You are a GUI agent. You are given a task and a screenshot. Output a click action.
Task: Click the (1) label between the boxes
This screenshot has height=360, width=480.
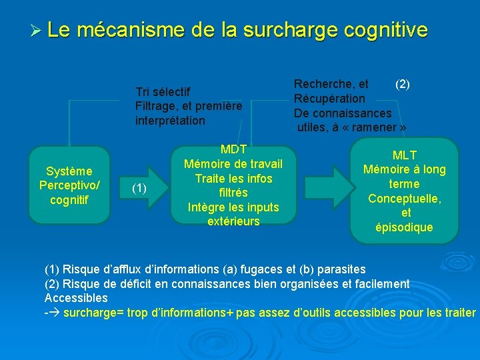click(139, 188)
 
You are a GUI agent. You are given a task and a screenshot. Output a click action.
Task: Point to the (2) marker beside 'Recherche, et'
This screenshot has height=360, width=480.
click(403, 84)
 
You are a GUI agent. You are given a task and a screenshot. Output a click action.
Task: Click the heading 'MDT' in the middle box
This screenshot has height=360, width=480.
click(233, 149)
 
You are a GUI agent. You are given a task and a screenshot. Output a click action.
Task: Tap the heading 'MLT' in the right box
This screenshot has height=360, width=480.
click(405, 155)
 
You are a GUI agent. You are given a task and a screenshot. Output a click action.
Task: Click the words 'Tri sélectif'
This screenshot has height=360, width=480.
click(163, 92)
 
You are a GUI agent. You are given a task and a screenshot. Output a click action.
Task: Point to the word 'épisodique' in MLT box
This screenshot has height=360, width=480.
click(405, 227)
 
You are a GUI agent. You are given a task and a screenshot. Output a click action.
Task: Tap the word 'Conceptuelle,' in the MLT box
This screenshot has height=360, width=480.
click(405, 199)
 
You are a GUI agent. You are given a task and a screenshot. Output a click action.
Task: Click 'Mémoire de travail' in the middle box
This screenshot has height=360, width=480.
click(233, 164)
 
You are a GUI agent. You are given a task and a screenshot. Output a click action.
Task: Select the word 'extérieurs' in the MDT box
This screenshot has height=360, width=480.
click(233, 221)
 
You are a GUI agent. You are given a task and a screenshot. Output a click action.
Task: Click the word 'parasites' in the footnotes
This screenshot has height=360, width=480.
click(342, 269)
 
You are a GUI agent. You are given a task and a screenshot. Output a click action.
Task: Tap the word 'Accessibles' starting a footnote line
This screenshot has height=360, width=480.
click(76, 298)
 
